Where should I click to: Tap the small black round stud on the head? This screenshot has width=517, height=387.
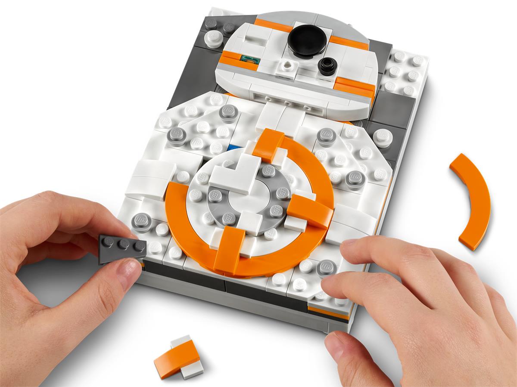[327, 65]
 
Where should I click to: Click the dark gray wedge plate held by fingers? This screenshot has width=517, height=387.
[121, 248]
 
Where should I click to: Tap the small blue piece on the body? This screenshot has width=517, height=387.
[234, 148]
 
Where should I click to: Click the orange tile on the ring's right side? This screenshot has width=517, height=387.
[311, 211]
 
